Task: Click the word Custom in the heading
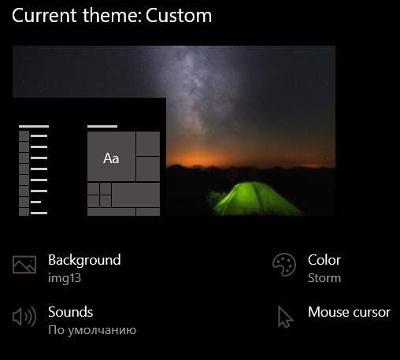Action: [179, 16]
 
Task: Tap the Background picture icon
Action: [24, 265]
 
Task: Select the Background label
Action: [84, 260]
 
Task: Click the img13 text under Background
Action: [65, 278]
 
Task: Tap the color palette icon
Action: [284, 265]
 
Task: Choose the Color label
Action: [324, 260]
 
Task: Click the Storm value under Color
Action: [324, 278]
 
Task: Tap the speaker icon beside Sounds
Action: [24, 317]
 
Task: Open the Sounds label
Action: [71, 312]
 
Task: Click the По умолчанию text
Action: [92, 330]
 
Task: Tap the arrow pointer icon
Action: [285, 317]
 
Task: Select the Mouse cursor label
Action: [350, 312]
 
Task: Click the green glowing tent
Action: [256, 199]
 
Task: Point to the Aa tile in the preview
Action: [111, 156]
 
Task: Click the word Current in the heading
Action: [44, 16]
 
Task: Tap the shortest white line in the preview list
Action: [36, 202]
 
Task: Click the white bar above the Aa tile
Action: [102, 126]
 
